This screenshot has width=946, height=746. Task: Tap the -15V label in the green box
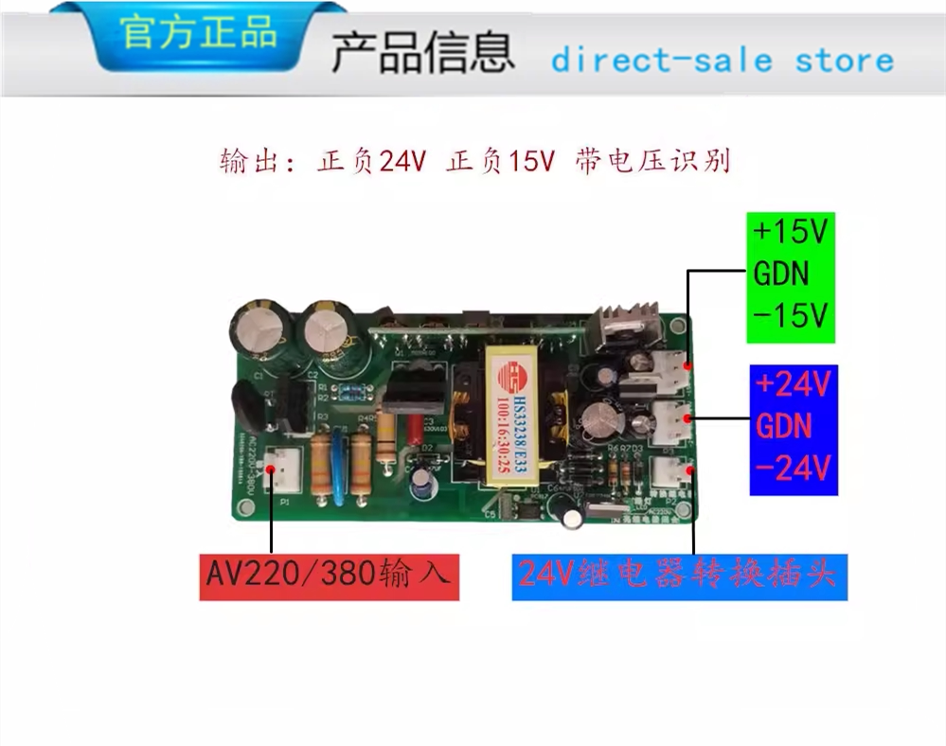(791, 314)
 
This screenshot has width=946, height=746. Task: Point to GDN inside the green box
(782, 274)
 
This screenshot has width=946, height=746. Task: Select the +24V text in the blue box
(793, 385)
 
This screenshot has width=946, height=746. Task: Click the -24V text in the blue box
(793, 467)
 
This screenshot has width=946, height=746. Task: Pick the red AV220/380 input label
(329, 575)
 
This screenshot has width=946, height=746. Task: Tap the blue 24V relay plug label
(679, 575)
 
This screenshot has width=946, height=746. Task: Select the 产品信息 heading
(422, 54)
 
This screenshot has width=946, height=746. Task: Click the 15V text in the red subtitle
(530, 162)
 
